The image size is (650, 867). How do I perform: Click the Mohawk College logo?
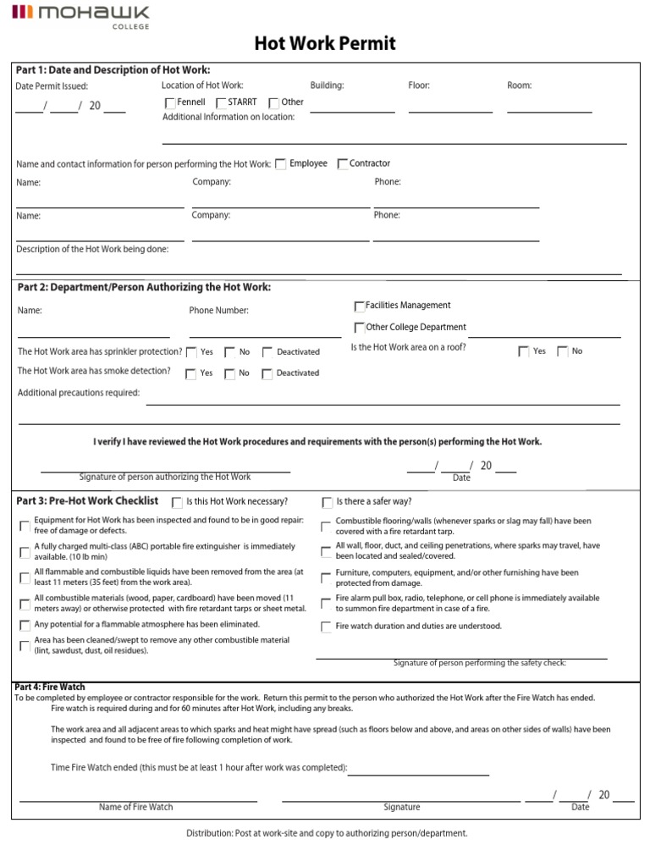coord(80,14)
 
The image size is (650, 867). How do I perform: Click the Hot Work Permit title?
coord(325,44)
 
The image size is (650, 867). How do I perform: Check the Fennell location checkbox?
coord(170,103)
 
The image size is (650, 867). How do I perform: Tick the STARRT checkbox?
coord(221,103)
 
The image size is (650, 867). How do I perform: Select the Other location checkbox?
coord(273,103)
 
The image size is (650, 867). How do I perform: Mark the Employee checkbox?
coord(281,164)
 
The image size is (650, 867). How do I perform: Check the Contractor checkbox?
coord(343,164)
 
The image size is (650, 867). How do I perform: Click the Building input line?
coord(351,109)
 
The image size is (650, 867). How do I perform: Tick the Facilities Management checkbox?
coord(359,306)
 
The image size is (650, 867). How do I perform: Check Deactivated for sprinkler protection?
coord(267,352)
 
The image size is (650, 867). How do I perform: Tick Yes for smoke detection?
coord(192,373)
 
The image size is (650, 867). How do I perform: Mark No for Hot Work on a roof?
coord(563,352)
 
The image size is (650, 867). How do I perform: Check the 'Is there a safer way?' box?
coord(327,503)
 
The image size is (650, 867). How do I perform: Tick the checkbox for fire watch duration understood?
coord(326,627)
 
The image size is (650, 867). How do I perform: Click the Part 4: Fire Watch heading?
coord(50,687)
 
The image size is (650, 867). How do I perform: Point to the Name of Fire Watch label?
coord(135,807)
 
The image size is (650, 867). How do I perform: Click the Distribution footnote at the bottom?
coord(327,834)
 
